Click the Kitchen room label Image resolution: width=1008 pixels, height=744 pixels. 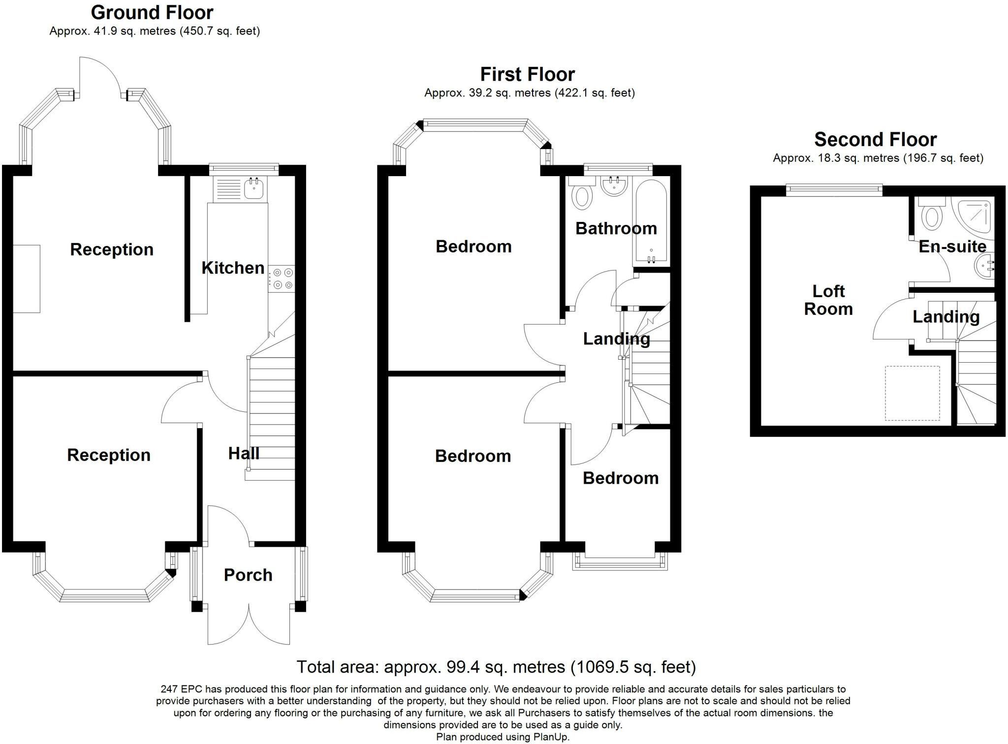(x=233, y=268)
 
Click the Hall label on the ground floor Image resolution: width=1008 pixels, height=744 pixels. (x=244, y=453)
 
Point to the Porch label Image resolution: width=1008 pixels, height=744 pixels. (x=248, y=575)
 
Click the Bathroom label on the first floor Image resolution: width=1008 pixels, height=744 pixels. (x=616, y=228)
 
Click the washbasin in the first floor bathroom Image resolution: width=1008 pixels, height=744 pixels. (x=614, y=186)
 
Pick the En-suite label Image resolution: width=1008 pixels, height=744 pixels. (x=952, y=246)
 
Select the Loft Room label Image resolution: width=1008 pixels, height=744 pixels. (x=829, y=300)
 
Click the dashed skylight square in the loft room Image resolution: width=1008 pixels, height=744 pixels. (x=913, y=393)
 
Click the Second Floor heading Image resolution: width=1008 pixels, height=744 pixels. (x=875, y=139)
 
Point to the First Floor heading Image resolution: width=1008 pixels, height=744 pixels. (x=527, y=74)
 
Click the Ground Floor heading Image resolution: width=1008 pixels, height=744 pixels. (x=152, y=12)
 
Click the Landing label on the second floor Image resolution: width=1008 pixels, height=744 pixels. (x=946, y=317)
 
